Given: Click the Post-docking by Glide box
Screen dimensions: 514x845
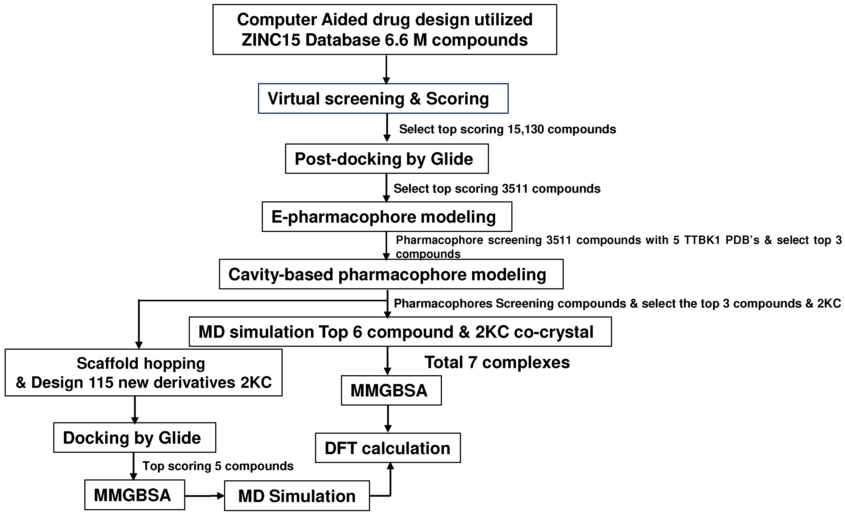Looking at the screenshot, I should pos(386,159).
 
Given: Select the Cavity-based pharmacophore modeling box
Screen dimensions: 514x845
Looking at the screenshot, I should pos(391,274).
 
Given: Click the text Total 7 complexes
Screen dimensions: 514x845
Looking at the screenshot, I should pos(497,363).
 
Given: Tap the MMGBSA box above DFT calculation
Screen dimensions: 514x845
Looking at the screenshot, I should pos(391,390).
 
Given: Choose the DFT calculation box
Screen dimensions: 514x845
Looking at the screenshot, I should pos(388,448).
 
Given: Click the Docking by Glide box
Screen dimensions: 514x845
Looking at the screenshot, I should pos(134,437).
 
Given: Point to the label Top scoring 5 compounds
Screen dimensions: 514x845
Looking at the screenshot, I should pos(218,466).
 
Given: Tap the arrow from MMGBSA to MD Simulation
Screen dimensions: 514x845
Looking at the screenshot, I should pos(204,496).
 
